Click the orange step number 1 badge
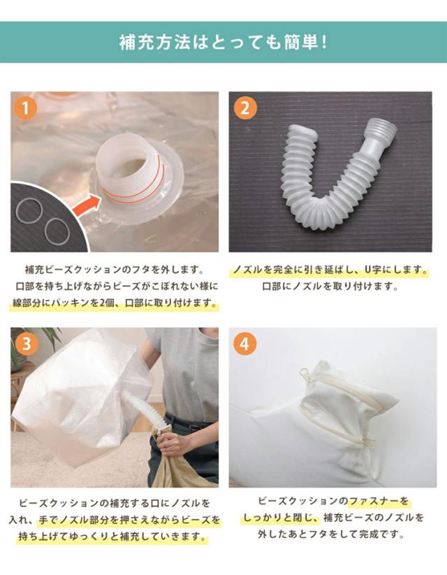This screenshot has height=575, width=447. tap(25, 108)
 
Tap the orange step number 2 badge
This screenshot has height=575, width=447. tap(245, 108)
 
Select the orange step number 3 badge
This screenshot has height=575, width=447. tap(27, 344)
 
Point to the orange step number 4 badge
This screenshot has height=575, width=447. tap(245, 344)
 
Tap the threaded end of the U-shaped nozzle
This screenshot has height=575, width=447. tap(381, 131)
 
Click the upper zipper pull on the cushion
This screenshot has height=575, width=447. tap(305, 373)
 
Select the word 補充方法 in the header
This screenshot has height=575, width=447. tap(154, 42)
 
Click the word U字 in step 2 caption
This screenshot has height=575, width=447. tap(372, 270)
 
